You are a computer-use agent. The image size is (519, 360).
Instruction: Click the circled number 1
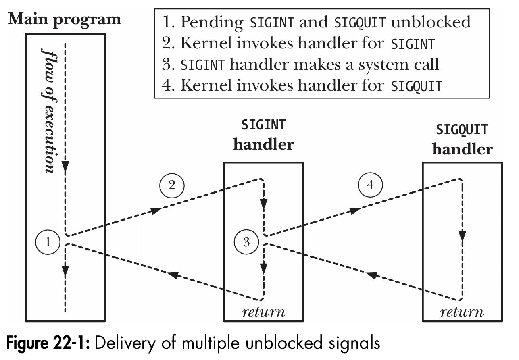pos(48,242)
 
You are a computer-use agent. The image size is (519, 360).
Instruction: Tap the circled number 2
pos(172,185)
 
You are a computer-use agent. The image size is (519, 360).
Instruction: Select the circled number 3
pos(247,242)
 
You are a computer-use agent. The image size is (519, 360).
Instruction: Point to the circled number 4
pos(370,185)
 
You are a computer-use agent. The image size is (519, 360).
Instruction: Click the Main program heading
pos(65,19)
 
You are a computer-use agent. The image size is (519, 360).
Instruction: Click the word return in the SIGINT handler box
pos(263,312)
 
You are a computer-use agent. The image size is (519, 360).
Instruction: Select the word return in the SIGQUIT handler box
pos(462,312)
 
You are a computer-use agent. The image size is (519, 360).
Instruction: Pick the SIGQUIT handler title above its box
pos(462,139)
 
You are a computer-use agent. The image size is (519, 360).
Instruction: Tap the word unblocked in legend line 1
pos(431,22)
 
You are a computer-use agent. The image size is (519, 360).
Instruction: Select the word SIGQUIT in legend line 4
pos(417,86)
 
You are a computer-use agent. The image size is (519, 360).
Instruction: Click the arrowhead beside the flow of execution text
pos(65,166)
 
